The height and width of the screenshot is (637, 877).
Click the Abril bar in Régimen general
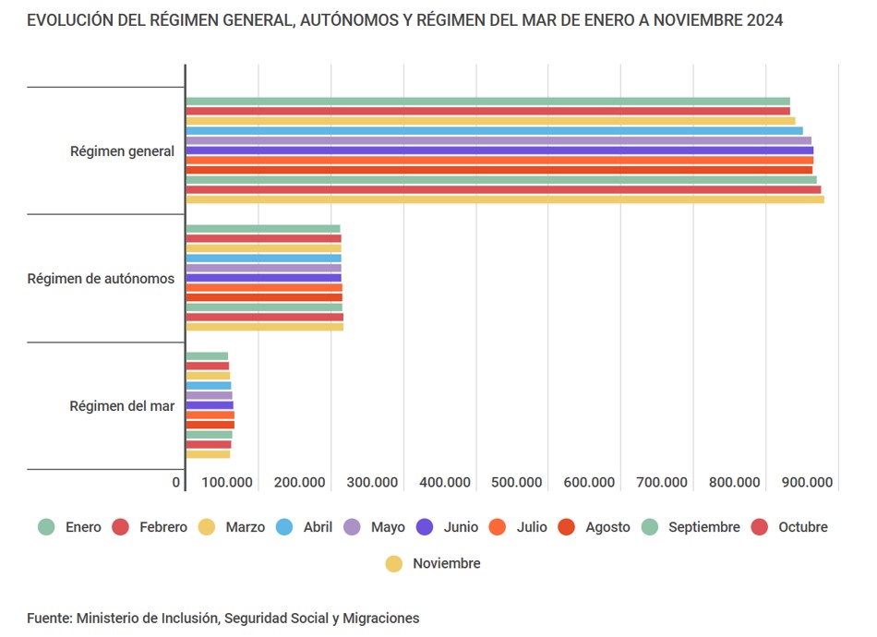494,131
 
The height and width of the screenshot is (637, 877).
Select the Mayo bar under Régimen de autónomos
263,268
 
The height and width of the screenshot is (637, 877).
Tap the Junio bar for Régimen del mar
210,405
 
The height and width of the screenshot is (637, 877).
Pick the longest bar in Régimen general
504,199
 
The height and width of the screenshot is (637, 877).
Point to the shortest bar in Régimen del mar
207,356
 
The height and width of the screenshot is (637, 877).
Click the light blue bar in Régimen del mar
209,386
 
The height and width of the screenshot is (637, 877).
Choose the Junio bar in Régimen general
499,150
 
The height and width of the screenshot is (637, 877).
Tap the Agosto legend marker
567,527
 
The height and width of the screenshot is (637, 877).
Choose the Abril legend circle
284,527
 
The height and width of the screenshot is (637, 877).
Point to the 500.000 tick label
516,482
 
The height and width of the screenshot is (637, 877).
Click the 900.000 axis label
808,482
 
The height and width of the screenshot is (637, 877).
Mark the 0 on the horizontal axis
176,482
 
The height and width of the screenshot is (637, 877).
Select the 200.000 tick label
299,482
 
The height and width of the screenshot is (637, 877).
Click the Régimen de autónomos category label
101,278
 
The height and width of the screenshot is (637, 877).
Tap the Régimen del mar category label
122,405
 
